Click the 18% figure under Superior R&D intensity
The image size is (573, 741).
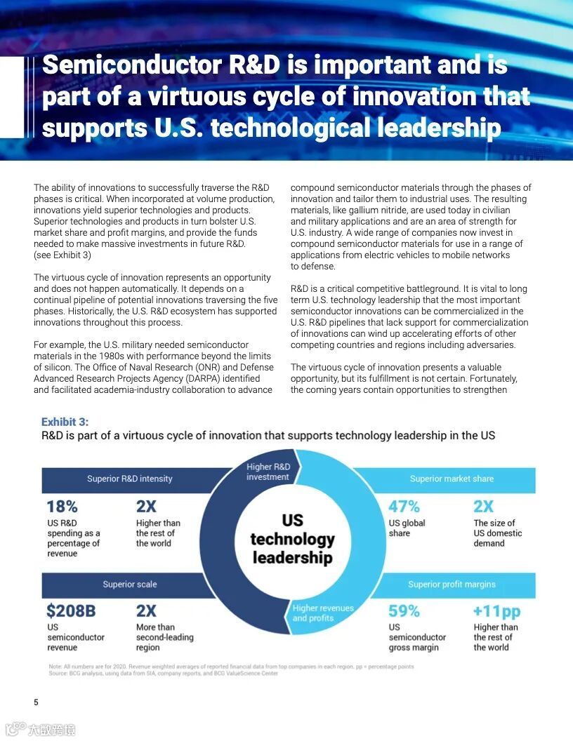click(62, 506)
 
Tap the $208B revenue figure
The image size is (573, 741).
click(71, 610)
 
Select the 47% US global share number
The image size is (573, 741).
click(404, 506)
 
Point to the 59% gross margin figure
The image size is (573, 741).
click(404, 610)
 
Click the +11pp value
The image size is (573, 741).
click(496, 610)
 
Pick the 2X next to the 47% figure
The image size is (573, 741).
click(483, 506)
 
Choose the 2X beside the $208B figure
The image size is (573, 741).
click(146, 610)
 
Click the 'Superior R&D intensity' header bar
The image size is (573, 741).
click(130, 479)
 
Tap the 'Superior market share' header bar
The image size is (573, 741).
click(452, 479)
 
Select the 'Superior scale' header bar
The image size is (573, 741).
click(130, 585)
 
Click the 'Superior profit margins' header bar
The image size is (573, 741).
click(452, 585)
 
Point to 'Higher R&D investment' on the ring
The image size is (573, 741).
click(268, 472)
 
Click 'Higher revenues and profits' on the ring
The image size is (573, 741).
click(323, 613)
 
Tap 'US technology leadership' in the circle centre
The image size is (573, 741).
click(292, 539)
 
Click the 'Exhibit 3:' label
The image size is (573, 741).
click(65, 422)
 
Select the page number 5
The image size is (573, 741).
click(37, 702)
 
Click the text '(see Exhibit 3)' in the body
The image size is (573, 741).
click(62, 255)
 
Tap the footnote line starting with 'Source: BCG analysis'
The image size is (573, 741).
click(163, 674)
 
